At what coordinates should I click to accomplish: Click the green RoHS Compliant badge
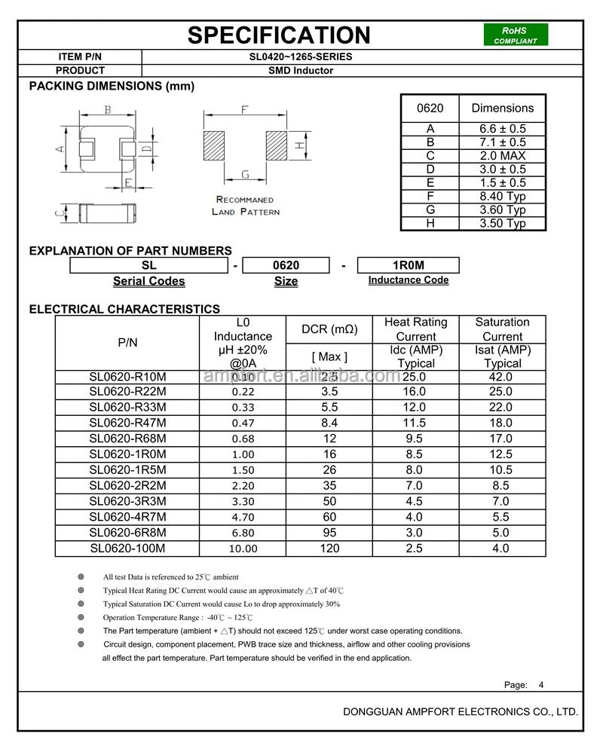point(516,35)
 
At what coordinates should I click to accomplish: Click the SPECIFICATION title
point(279,35)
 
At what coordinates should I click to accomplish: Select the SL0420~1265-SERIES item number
point(301,57)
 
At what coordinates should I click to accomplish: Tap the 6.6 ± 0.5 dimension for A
point(503,129)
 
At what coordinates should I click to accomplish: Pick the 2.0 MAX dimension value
point(503,156)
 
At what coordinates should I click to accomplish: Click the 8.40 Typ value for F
point(503,196)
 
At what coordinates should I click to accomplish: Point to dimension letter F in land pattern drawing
point(245,110)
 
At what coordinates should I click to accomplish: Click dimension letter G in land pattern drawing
point(245,175)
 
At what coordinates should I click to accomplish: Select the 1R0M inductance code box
point(408,265)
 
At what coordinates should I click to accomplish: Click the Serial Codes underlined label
point(148,281)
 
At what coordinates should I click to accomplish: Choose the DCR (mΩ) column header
point(329,329)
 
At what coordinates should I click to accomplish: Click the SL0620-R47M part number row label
point(127,423)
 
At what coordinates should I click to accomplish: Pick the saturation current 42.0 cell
point(502,376)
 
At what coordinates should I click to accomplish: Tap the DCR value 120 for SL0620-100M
point(329,549)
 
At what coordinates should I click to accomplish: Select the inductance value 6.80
point(243,533)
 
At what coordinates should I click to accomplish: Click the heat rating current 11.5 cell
point(415,423)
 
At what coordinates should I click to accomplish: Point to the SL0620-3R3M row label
point(127,501)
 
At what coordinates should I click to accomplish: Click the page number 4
point(540,685)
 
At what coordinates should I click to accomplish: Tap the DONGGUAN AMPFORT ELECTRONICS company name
point(460,711)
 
